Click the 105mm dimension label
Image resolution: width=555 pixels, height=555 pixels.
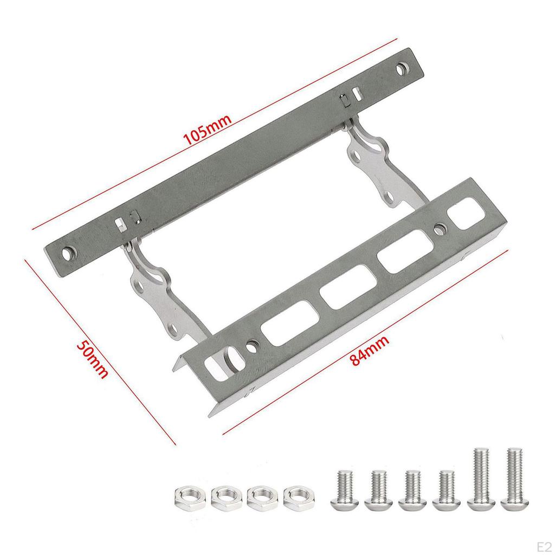click(208, 128)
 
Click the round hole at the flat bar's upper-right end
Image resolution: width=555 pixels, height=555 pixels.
click(402, 69)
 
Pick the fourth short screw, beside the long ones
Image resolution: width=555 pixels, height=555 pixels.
click(446, 490)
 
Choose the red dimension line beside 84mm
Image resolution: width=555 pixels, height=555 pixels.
click(366, 341)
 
